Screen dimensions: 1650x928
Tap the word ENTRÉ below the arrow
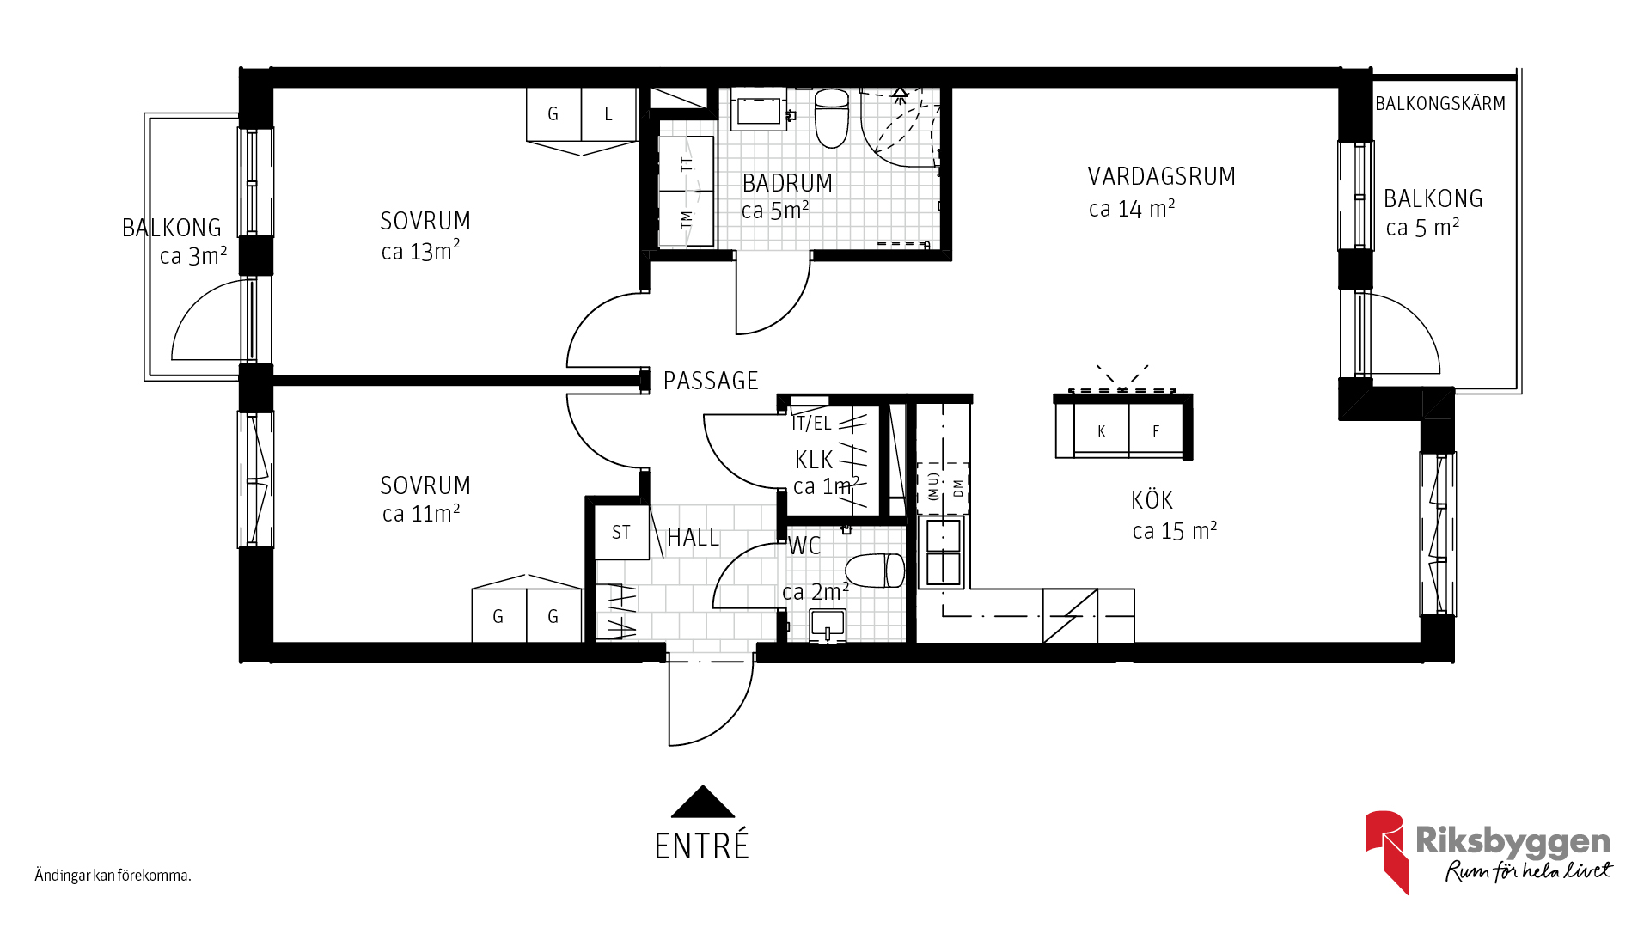(x=702, y=846)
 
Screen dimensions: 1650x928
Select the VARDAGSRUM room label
(x=1161, y=176)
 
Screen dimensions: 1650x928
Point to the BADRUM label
(x=787, y=183)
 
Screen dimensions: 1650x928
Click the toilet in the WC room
(x=875, y=571)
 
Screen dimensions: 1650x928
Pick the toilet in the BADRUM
(x=831, y=119)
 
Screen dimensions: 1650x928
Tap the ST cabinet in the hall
(x=621, y=532)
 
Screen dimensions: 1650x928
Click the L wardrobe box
(x=608, y=114)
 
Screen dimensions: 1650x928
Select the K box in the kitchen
(x=1101, y=431)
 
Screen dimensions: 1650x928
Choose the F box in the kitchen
(x=1156, y=431)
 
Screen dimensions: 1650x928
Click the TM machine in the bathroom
(x=687, y=219)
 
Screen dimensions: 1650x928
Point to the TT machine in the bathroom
(x=687, y=163)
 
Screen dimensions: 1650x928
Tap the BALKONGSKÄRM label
(x=1440, y=104)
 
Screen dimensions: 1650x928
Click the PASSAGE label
(x=711, y=381)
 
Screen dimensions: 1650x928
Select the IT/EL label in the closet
(x=811, y=424)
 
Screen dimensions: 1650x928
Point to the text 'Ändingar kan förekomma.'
(x=113, y=876)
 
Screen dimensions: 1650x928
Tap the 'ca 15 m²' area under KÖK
(x=1174, y=531)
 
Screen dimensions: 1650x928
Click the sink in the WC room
(x=828, y=626)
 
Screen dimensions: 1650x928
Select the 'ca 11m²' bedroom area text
(x=421, y=513)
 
